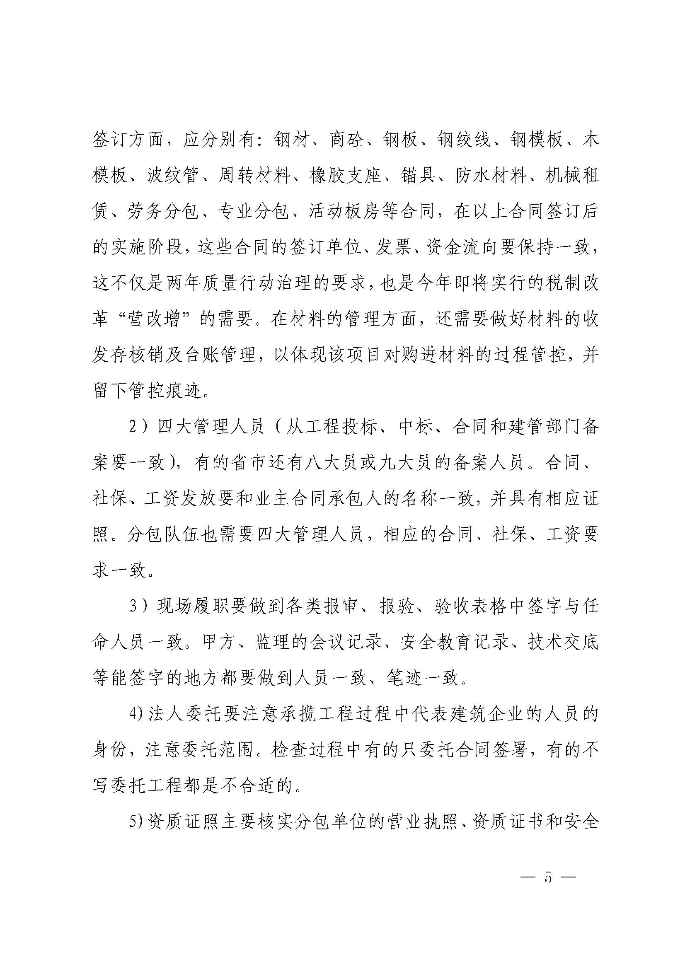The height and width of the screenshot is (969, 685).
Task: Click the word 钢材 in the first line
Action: pyautogui.click(x=291, y=140)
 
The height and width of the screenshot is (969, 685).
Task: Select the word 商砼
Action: pyautogui.click(x=346, y=140)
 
